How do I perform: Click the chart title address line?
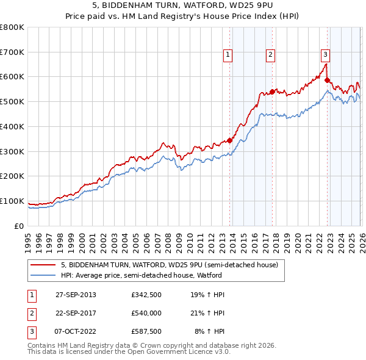pyautogui.click(x=183, y=7)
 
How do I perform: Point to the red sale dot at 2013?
pyautogui.click(x=230, y=140)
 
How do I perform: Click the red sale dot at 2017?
pyautogui.click(x=272, y=92)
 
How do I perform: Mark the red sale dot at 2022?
pyautogui.click(x=328, y=79)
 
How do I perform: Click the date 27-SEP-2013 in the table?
pyautogui.click(x=76, y=295)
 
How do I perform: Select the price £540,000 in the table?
pyautogui.click(x=146, y=313)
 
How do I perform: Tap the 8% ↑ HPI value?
pyautogui.click(x=209, y=331)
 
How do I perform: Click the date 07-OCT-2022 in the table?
pyautogui.click(x=76, y=331)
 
